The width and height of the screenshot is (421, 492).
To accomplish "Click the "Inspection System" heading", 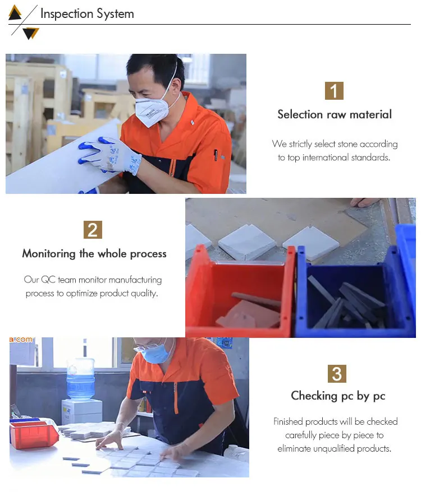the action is coord(87,14).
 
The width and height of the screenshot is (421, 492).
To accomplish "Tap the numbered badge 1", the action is coord(334,91).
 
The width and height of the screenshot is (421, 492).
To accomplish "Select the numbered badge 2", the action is coord(93,230).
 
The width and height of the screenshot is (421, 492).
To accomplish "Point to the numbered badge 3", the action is coord(337,373).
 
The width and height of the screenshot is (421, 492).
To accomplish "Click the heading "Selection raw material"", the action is coord(335,114).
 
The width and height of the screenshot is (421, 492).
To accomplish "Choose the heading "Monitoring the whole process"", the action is coord(94,253).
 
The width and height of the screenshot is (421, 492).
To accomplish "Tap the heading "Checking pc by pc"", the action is coord(338,396).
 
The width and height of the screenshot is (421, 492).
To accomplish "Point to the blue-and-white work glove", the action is coord(110,156).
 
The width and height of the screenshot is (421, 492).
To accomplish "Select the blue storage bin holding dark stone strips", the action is coord(355,294).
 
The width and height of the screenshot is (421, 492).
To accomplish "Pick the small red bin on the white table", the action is coord(33,435).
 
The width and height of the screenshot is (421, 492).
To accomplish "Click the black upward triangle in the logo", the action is coord(15,13).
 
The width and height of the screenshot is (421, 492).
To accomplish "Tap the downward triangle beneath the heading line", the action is coord(31,33).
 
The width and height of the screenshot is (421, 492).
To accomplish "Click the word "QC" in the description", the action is coord(48,280).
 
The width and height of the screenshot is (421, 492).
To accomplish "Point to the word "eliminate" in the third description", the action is coord(294,449).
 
